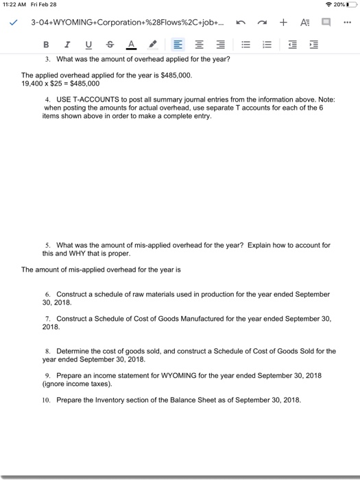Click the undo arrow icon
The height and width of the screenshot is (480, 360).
(238, 23)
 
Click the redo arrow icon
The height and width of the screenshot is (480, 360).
(260, 23)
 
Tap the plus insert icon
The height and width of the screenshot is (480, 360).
(282, 23)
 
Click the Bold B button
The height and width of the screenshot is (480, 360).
(46, 45)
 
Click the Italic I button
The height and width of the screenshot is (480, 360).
(67, 45)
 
